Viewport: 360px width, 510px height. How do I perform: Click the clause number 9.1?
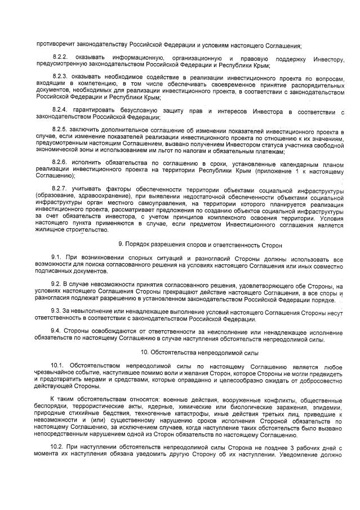[56, 257]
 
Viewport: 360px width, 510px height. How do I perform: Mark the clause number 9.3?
[56, 311]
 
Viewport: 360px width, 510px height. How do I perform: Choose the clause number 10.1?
[58, 367]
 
